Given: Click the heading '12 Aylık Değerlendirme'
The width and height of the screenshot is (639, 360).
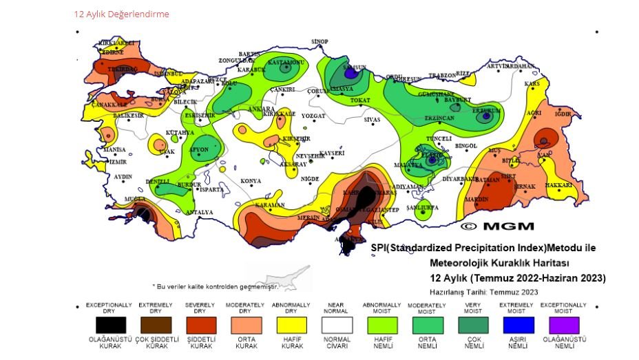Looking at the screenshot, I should point(121,14).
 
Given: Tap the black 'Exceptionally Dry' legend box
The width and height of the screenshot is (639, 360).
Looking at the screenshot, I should point(105,324).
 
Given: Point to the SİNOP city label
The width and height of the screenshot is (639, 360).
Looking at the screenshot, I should point(319,42).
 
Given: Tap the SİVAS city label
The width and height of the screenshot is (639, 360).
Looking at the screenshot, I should point(372,120).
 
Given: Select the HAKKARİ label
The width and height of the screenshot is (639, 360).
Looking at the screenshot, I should point(558,185).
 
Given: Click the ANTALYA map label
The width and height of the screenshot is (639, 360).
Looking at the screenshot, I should point(200,213).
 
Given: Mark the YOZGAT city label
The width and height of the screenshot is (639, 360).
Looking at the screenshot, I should point(313,116).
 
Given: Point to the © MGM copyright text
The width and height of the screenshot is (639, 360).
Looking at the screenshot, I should point(488,226).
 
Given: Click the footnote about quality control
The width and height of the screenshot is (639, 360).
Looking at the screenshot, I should point(216,286).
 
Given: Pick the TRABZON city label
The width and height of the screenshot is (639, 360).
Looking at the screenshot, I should point(442,76).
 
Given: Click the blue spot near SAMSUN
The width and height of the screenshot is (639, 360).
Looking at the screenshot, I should point(351,72).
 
